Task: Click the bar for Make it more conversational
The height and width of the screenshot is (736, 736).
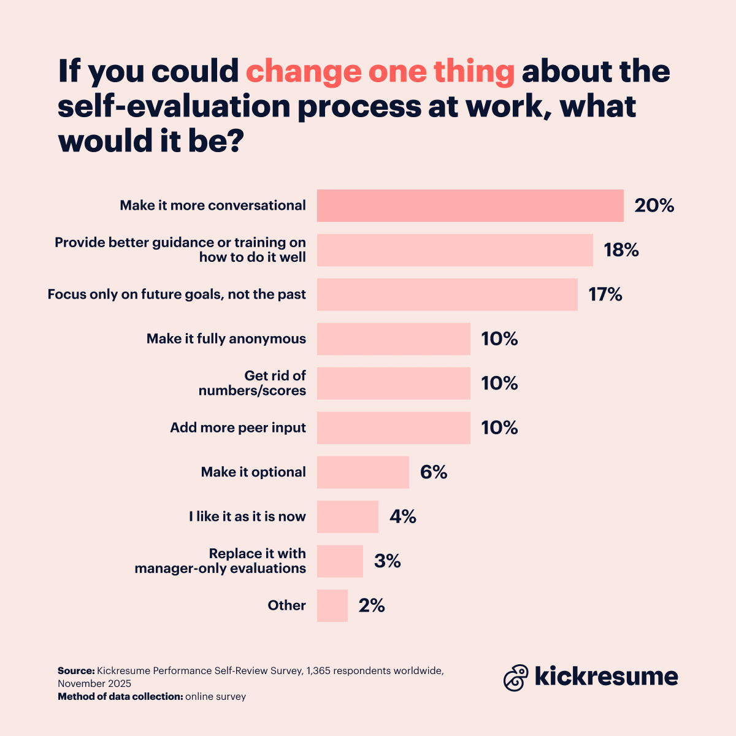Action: coord(470,205)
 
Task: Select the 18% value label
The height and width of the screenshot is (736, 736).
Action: coord(621,250)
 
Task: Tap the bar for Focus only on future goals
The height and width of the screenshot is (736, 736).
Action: coord(447,294)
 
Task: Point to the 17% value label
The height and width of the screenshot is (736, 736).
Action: coord(605,295)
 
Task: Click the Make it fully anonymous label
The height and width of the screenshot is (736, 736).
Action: coord(226,339)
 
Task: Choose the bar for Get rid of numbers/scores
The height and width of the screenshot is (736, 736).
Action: coord(393,383)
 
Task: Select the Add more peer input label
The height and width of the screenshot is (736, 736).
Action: coord(237,427)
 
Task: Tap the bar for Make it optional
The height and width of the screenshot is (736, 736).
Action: coord(362,472)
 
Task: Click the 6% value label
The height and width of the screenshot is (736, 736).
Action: coord(434,472)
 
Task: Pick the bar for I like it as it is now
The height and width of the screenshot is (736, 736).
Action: coord(347,516)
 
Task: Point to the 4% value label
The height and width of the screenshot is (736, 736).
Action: coord(403,517)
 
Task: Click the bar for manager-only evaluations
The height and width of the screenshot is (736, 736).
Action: coord(340,561)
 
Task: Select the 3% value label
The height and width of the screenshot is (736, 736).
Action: coord(388,561)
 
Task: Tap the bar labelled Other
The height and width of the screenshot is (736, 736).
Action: coord(332,605)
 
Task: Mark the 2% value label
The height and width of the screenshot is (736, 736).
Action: coord(372,606)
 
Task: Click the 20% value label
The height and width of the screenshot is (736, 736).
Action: coord(654,205)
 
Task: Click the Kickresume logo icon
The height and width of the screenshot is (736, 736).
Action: coord(516,677)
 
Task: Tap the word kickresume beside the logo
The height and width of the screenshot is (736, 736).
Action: coord(606,676)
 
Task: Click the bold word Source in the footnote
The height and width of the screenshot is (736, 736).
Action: coord(76,671)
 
